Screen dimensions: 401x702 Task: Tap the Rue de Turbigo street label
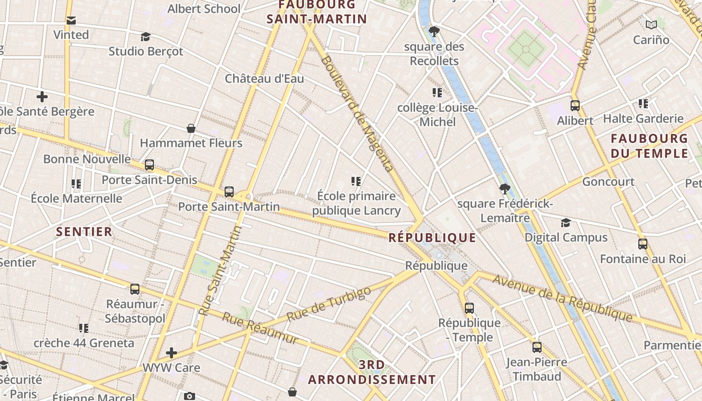click(329, 304)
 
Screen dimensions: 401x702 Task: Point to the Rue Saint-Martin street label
click(220, 271)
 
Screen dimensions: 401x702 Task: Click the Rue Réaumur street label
click(260, 329)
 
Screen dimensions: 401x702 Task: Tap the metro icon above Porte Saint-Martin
click(229, 191)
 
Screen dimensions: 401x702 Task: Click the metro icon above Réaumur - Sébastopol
click(135, 289)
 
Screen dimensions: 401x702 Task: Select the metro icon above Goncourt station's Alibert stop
click(575, 106)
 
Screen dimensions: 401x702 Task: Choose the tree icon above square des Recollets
click(434, 32)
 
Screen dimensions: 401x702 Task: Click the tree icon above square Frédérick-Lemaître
click(505, 189)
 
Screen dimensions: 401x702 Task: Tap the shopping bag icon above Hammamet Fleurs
click(191, 128)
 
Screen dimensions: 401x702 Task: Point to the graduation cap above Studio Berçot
click(145, 37)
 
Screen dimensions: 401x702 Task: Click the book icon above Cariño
click(651, 25)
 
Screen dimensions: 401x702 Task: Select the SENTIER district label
click(84, 232)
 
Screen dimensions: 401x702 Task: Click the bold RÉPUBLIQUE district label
click(432, 238)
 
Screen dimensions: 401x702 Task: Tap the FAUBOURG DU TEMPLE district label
click(649, 146)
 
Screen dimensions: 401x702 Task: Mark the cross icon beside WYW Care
click(171, 353)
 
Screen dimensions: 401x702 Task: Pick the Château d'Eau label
click(264, 79)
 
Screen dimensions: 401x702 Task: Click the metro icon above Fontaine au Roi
click(643, 244)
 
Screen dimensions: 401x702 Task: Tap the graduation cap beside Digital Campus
click(566, 223)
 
